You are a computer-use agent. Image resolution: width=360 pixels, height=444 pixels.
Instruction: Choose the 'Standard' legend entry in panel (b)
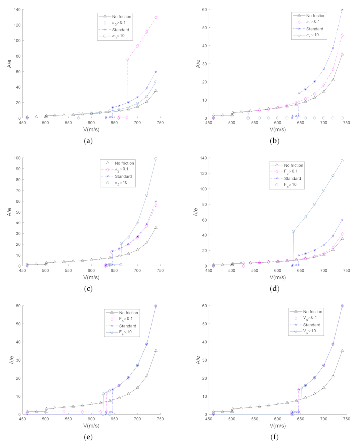click(308, 29)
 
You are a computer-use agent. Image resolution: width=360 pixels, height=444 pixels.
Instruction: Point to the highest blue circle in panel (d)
click(342, 161)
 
